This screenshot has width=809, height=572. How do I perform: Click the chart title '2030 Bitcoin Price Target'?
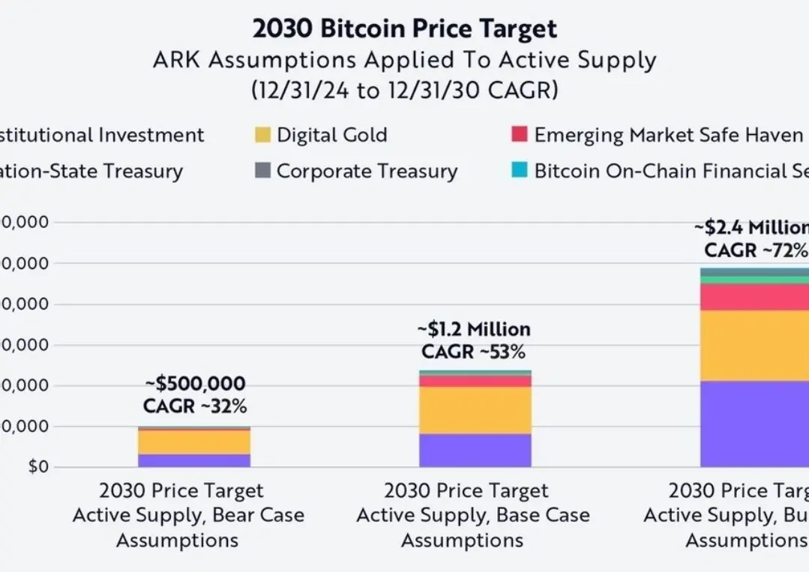coord(405,28)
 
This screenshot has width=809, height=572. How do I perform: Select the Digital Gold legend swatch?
coord(262,136)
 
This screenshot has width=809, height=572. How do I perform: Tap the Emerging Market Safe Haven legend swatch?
coord(519,136)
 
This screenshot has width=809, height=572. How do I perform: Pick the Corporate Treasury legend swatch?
coord(262,171)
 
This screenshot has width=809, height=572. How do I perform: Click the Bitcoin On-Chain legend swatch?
coord(519,171)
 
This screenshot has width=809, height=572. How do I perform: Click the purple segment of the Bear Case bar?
coord(193,460)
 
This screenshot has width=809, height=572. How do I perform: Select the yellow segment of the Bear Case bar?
coord(193,442)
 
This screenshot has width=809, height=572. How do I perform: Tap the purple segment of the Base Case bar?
coord(475,450)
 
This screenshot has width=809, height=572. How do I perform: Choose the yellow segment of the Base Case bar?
coord(475,410)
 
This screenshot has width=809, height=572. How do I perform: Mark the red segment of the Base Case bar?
coord(475,381)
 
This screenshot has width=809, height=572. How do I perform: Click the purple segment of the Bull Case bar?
coord(754,424)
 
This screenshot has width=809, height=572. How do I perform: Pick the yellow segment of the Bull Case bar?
coord(754,346)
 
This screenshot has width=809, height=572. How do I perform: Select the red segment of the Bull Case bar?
coord(754,297)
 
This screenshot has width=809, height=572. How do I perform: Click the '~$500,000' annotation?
coord(195,385)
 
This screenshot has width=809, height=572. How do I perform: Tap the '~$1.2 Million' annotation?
coord(474,329)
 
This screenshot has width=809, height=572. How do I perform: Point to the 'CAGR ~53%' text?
coord(474,352)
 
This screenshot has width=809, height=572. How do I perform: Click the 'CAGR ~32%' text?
coord(195,407)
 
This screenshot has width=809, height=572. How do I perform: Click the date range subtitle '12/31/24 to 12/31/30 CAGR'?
coord(405,91)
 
